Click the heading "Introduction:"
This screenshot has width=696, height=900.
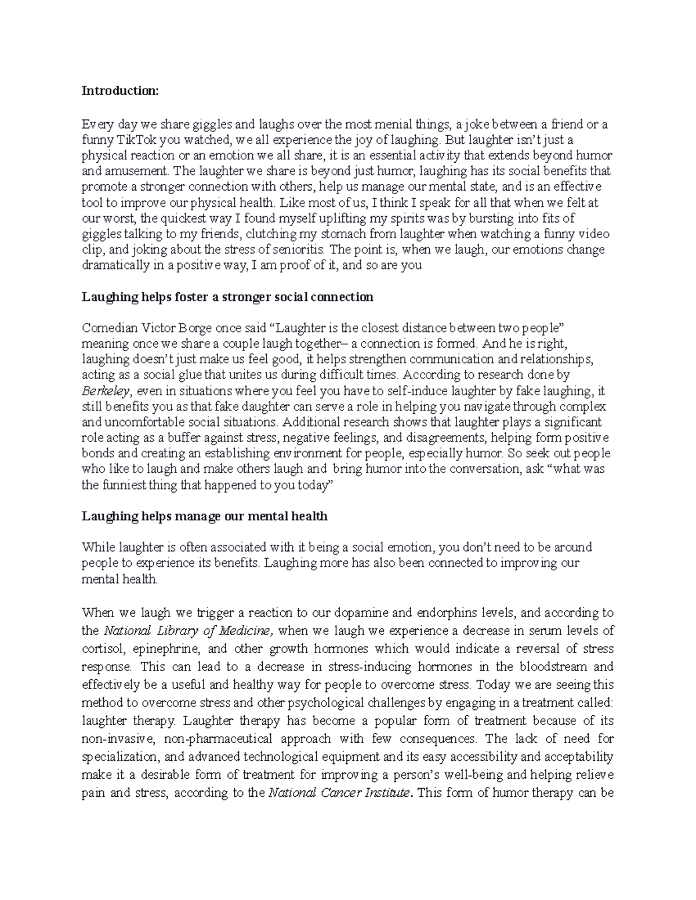point(119,91)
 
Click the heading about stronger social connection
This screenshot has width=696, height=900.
point(227,297)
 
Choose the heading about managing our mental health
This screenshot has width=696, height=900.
point(205,516)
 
